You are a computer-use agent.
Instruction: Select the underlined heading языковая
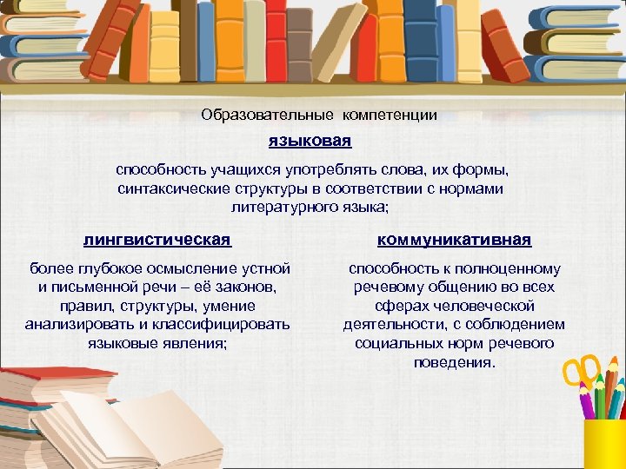pyautogui.click(x=310, y=140)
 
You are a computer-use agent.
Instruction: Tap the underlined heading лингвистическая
pyautogui.click(x=157, y=239)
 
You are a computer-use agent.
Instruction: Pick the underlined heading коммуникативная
pyautogui.click(x=454, y=239)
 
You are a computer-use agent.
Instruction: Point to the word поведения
pyautogui.click(x=455, y=362)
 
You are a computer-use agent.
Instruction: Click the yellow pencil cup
pyautogui.click(x=604, y=443)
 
